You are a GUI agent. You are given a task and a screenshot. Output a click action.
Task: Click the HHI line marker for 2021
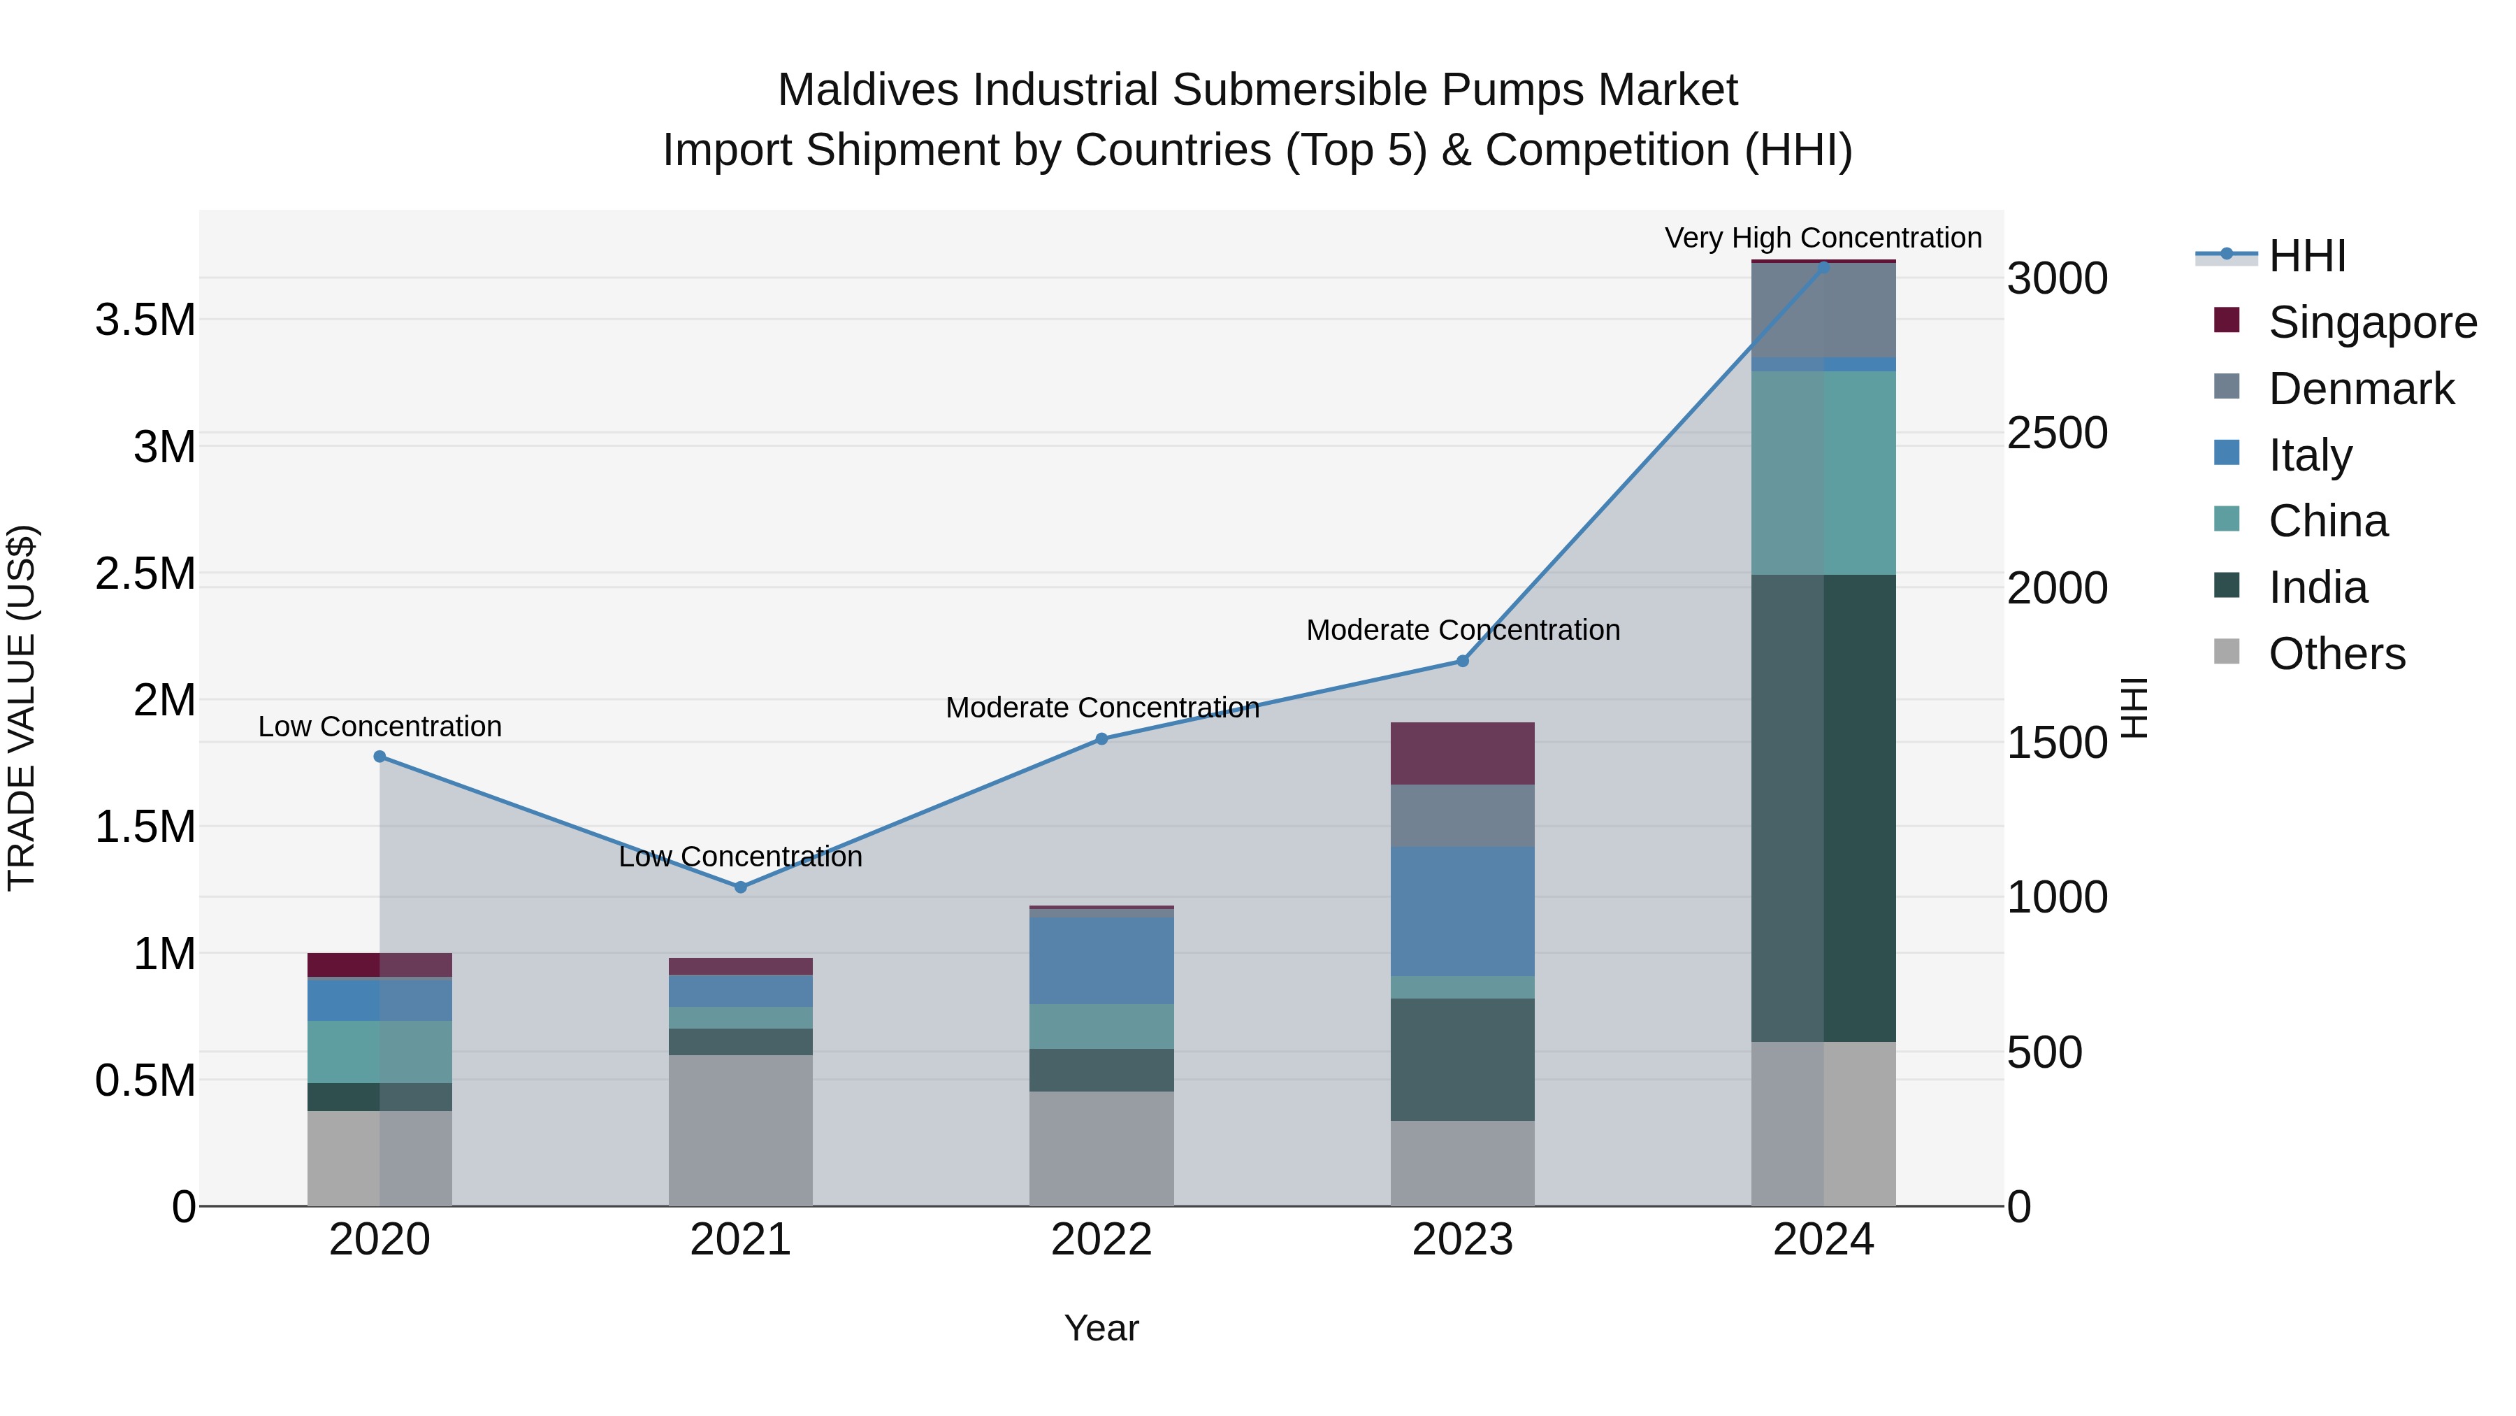pyautogui.click(x=740, y=887)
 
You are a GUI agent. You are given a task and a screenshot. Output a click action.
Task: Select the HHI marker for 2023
pyautogui.click(x=1462, y=661)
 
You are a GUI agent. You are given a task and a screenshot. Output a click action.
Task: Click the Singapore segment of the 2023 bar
pyautogui.click(x=1462, y=753)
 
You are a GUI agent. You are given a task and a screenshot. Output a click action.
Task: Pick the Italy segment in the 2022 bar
pyautogui.click(x=1101, y=961)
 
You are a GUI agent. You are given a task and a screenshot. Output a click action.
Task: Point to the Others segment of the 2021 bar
pyautogui.click(x=740, y=1130)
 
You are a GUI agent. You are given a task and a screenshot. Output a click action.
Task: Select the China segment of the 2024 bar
pyautogui.click(x=1823, y=473)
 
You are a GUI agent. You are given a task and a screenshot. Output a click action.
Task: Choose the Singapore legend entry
pyautogui.click(x=2371, y=322)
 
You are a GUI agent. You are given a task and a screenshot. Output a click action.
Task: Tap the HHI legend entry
pyautogui.click(x=2306, y=256)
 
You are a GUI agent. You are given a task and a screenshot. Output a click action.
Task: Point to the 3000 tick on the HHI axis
pyautogui.click(x=2057, y=280)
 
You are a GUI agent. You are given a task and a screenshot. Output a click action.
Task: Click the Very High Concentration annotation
pyautogui.click(x=1823, y=238)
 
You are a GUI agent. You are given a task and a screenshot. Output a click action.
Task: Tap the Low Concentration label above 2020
pyautogui.click(x=380, y=727)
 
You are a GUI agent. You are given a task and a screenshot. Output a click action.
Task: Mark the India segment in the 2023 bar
pyautogui.click(x=1462, y=1059)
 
